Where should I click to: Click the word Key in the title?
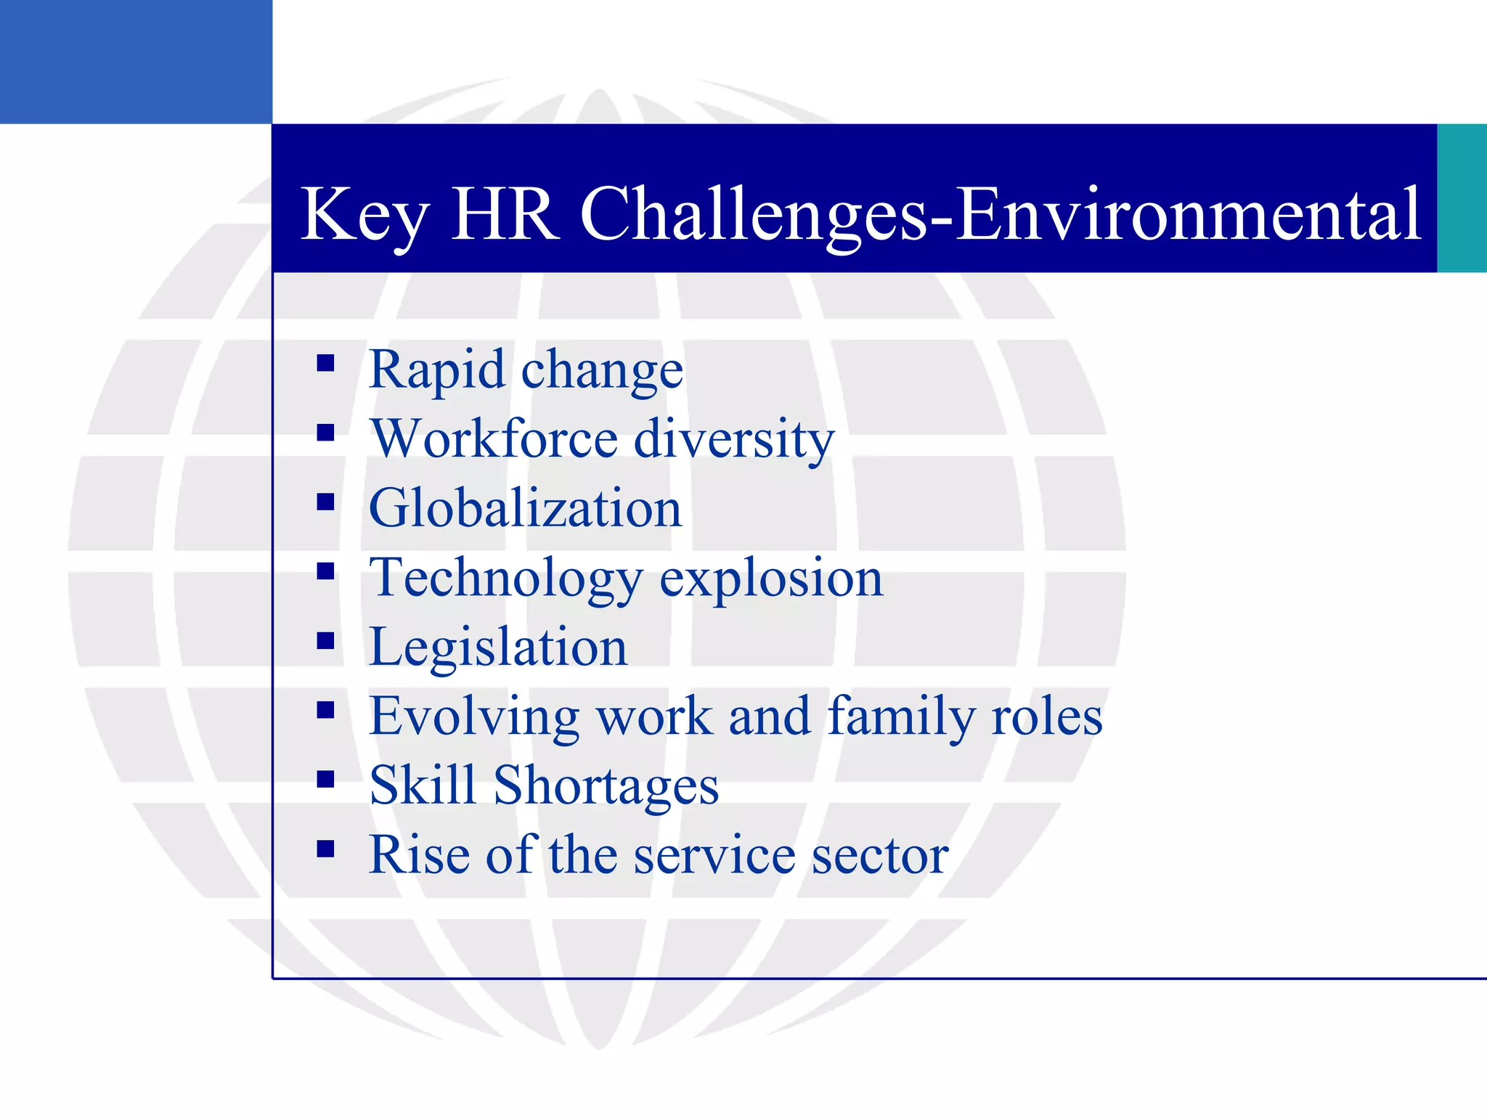[364, 215]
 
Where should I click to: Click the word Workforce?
[494, 438]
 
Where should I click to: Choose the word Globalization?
[525, 507]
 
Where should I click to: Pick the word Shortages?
[606, 785]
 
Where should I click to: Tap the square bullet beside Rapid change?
[325, 363]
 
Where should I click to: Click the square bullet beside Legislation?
[325, 640]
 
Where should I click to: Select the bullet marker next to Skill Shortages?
[325, 779]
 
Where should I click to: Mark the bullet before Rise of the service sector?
[325, 849]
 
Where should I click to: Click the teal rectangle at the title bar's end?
[1462, 198]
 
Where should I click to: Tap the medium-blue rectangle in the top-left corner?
[136, 62]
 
